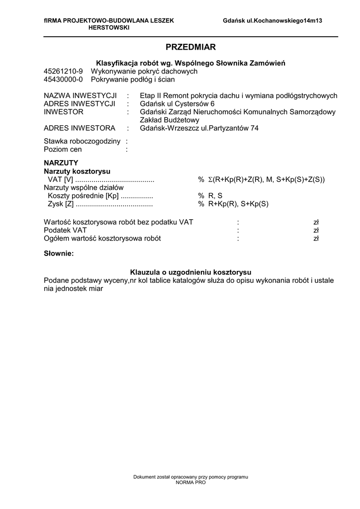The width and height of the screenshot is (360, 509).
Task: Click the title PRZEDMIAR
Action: point(190,47)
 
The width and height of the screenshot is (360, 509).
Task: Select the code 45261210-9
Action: point(63,71)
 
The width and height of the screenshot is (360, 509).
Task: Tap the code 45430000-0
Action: point(63,79)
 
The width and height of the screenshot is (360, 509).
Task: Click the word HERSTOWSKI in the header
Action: point(108,28)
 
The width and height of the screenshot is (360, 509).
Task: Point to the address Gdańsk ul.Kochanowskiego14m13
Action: point(272,21)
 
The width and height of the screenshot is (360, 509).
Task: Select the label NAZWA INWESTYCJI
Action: point(80,95)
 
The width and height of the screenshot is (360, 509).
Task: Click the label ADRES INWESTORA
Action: point(80,128)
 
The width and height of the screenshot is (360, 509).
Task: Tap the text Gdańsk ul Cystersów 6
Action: point(178,103)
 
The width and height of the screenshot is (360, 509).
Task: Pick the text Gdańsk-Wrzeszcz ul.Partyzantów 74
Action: point(199,128)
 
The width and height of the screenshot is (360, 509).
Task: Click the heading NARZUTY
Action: point(61,163)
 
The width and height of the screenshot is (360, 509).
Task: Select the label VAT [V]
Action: point(61,179)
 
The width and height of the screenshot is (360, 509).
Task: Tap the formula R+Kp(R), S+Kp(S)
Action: point(238,204)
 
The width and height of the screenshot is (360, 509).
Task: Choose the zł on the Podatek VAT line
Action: point(316,230)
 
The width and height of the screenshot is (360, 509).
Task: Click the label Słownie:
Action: point(59,254)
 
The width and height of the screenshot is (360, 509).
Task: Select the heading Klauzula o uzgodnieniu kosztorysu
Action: point(190,272)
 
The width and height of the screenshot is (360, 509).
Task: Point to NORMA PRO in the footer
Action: point(190,482)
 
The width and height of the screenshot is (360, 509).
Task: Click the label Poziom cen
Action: point(63,149)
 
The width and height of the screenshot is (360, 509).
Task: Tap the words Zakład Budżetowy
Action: point(170,120)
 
